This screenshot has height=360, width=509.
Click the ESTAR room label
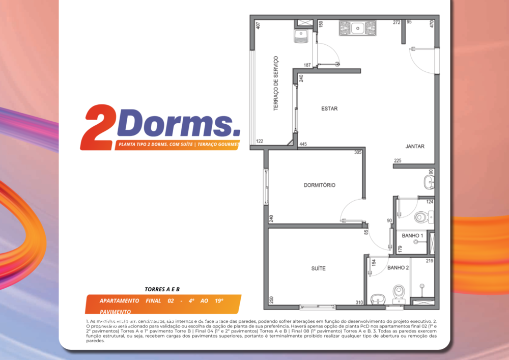329,108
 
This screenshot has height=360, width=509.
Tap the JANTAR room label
415,147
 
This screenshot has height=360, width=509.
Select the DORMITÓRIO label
319,185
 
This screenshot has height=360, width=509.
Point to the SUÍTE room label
318,268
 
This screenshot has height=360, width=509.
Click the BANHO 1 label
412,236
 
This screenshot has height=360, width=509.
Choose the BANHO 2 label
398,267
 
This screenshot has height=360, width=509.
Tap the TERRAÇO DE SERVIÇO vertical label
275,84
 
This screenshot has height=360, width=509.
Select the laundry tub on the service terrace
302,35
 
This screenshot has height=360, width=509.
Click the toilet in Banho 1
421,217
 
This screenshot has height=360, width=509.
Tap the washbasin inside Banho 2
377,298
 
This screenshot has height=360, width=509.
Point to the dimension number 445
303,144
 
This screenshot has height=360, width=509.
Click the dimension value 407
258,25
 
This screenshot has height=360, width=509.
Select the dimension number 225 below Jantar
398,161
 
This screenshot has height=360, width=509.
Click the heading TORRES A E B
162,289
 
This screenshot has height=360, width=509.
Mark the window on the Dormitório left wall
266,186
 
